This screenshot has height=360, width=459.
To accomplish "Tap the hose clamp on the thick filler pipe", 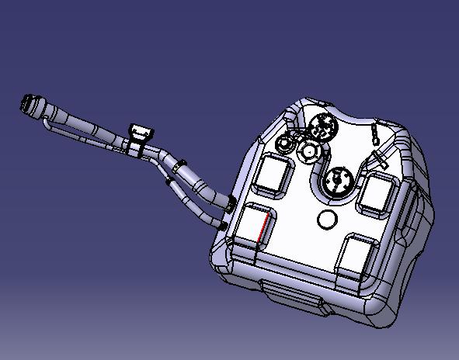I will (x=179, y=164).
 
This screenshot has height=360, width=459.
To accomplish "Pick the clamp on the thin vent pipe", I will (x=170, y=182).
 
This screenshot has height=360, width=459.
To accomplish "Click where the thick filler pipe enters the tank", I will (x=231, y=202).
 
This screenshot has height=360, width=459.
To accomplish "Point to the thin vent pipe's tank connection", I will (x=224, y=226).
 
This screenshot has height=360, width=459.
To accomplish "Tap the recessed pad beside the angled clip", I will (x=378, y=194).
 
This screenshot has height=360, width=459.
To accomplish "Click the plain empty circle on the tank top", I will (x=327, y=220).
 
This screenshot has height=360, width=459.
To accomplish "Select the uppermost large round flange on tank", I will (x=322, y=126).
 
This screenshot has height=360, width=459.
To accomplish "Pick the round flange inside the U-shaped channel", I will (x=339, y=182).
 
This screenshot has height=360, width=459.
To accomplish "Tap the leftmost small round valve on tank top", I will (x=288, y=142).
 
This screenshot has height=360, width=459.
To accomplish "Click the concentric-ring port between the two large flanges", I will (x=311, y=151).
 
